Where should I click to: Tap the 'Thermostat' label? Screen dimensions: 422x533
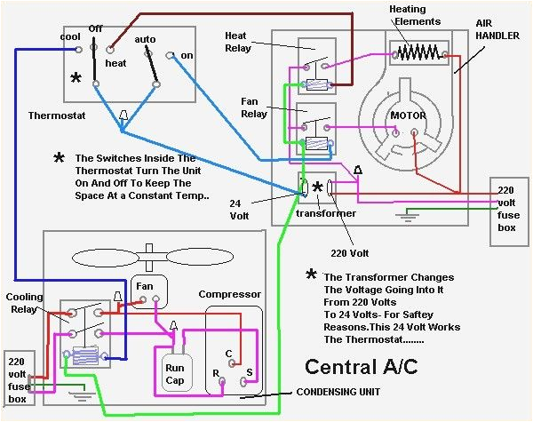coord(57,115)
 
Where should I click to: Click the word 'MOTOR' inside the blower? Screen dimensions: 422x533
coord(409,116)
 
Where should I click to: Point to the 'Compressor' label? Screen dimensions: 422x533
coord(229,294)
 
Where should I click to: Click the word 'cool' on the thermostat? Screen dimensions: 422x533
coord(71,36)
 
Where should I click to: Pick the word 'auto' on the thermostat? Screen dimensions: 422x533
coord(145,39)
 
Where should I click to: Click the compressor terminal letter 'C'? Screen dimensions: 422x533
coord(229,353)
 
